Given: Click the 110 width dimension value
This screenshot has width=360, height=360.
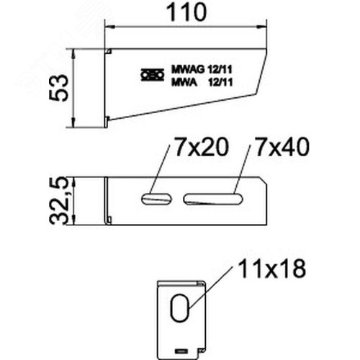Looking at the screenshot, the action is [x=186, y=12].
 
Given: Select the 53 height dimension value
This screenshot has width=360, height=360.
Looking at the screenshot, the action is [x=58, y=88].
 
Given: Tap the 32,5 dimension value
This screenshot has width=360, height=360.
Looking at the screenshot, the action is [x=58, y=201].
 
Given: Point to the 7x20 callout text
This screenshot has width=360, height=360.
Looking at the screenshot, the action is [x=201, y=147].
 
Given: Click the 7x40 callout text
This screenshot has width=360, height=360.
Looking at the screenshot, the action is [x=282, y=147].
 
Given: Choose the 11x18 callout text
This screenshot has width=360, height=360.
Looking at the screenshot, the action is [x=272, y=269].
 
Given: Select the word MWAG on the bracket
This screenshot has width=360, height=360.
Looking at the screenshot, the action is [x=188, y=70].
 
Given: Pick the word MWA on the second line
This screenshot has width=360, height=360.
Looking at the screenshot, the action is [x=184, y=83].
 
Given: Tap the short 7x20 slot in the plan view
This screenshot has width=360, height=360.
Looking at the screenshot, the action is [x=157, y=199].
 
